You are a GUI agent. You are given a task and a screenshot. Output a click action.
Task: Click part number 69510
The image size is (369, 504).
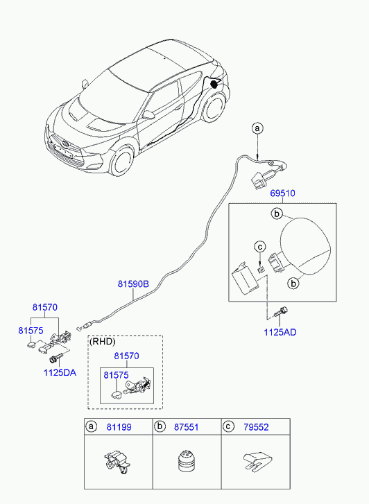282,193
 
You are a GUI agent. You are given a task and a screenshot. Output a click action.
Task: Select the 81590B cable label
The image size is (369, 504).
133,284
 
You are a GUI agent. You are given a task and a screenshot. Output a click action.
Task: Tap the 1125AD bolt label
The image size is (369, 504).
280,332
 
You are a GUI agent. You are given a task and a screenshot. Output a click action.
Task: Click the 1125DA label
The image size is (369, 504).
60,372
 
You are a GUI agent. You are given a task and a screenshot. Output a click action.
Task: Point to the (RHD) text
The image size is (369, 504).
102,342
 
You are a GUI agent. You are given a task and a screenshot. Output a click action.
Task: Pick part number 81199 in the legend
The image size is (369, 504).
119,427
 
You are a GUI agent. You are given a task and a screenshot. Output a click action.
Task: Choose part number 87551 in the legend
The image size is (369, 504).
187,427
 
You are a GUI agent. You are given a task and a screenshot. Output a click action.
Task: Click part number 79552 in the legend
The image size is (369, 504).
256,427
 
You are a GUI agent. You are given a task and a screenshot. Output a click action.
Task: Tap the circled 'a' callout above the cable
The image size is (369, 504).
257,128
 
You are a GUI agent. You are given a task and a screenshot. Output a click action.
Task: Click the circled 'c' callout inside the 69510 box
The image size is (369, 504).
260,247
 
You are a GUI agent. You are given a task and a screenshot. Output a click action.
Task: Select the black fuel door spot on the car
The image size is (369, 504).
214,84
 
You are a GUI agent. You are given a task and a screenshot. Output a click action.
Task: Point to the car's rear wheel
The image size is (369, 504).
213,107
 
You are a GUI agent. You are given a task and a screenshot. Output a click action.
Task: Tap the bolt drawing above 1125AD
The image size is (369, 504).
280,312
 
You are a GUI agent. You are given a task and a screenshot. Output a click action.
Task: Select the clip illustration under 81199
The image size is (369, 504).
117,462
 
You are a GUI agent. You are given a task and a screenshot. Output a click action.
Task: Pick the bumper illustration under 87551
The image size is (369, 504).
186,462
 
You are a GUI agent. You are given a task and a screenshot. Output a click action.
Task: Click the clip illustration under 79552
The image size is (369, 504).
257,462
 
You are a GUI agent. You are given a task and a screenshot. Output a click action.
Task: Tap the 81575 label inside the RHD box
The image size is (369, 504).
116,375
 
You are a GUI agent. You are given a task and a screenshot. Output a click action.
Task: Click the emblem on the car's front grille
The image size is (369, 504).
65,144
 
